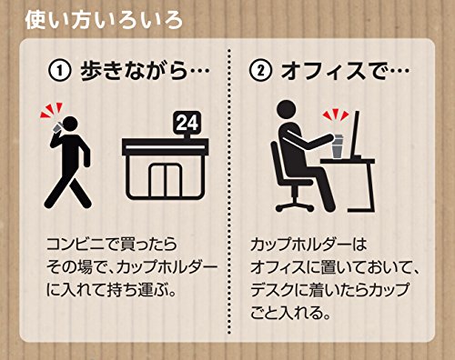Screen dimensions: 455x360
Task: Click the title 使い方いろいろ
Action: pyautogui.click(x=104, y=21)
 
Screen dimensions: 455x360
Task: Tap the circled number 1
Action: pyautogui.click(x=60, y=71)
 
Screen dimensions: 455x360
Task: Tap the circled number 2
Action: pyautogui.click(x=260, y=71)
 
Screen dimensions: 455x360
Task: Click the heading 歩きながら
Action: pyautogui.click(x=134, y=71)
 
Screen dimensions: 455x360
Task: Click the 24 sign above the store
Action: pyautogui.click(x=187, y=123)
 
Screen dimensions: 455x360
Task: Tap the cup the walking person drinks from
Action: pyautogui.click(x=57, y=128)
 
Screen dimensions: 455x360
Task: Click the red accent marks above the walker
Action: pyautogui.click(x=51, y=111)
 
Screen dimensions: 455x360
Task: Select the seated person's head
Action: pyautogui.click(x=287, y=111)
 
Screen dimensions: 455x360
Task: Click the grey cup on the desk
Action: pyautogui.click(x=338, y=147)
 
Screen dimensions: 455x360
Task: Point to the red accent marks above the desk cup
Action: pyautogui.click(x=336, y=115)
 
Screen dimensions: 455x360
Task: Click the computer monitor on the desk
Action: pyautogui.click(x=356, y=135)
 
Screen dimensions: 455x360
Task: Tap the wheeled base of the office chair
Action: pyautogui.click(x=294, y=206)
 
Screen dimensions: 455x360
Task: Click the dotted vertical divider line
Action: pyautogui.click(x=228, y=191)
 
